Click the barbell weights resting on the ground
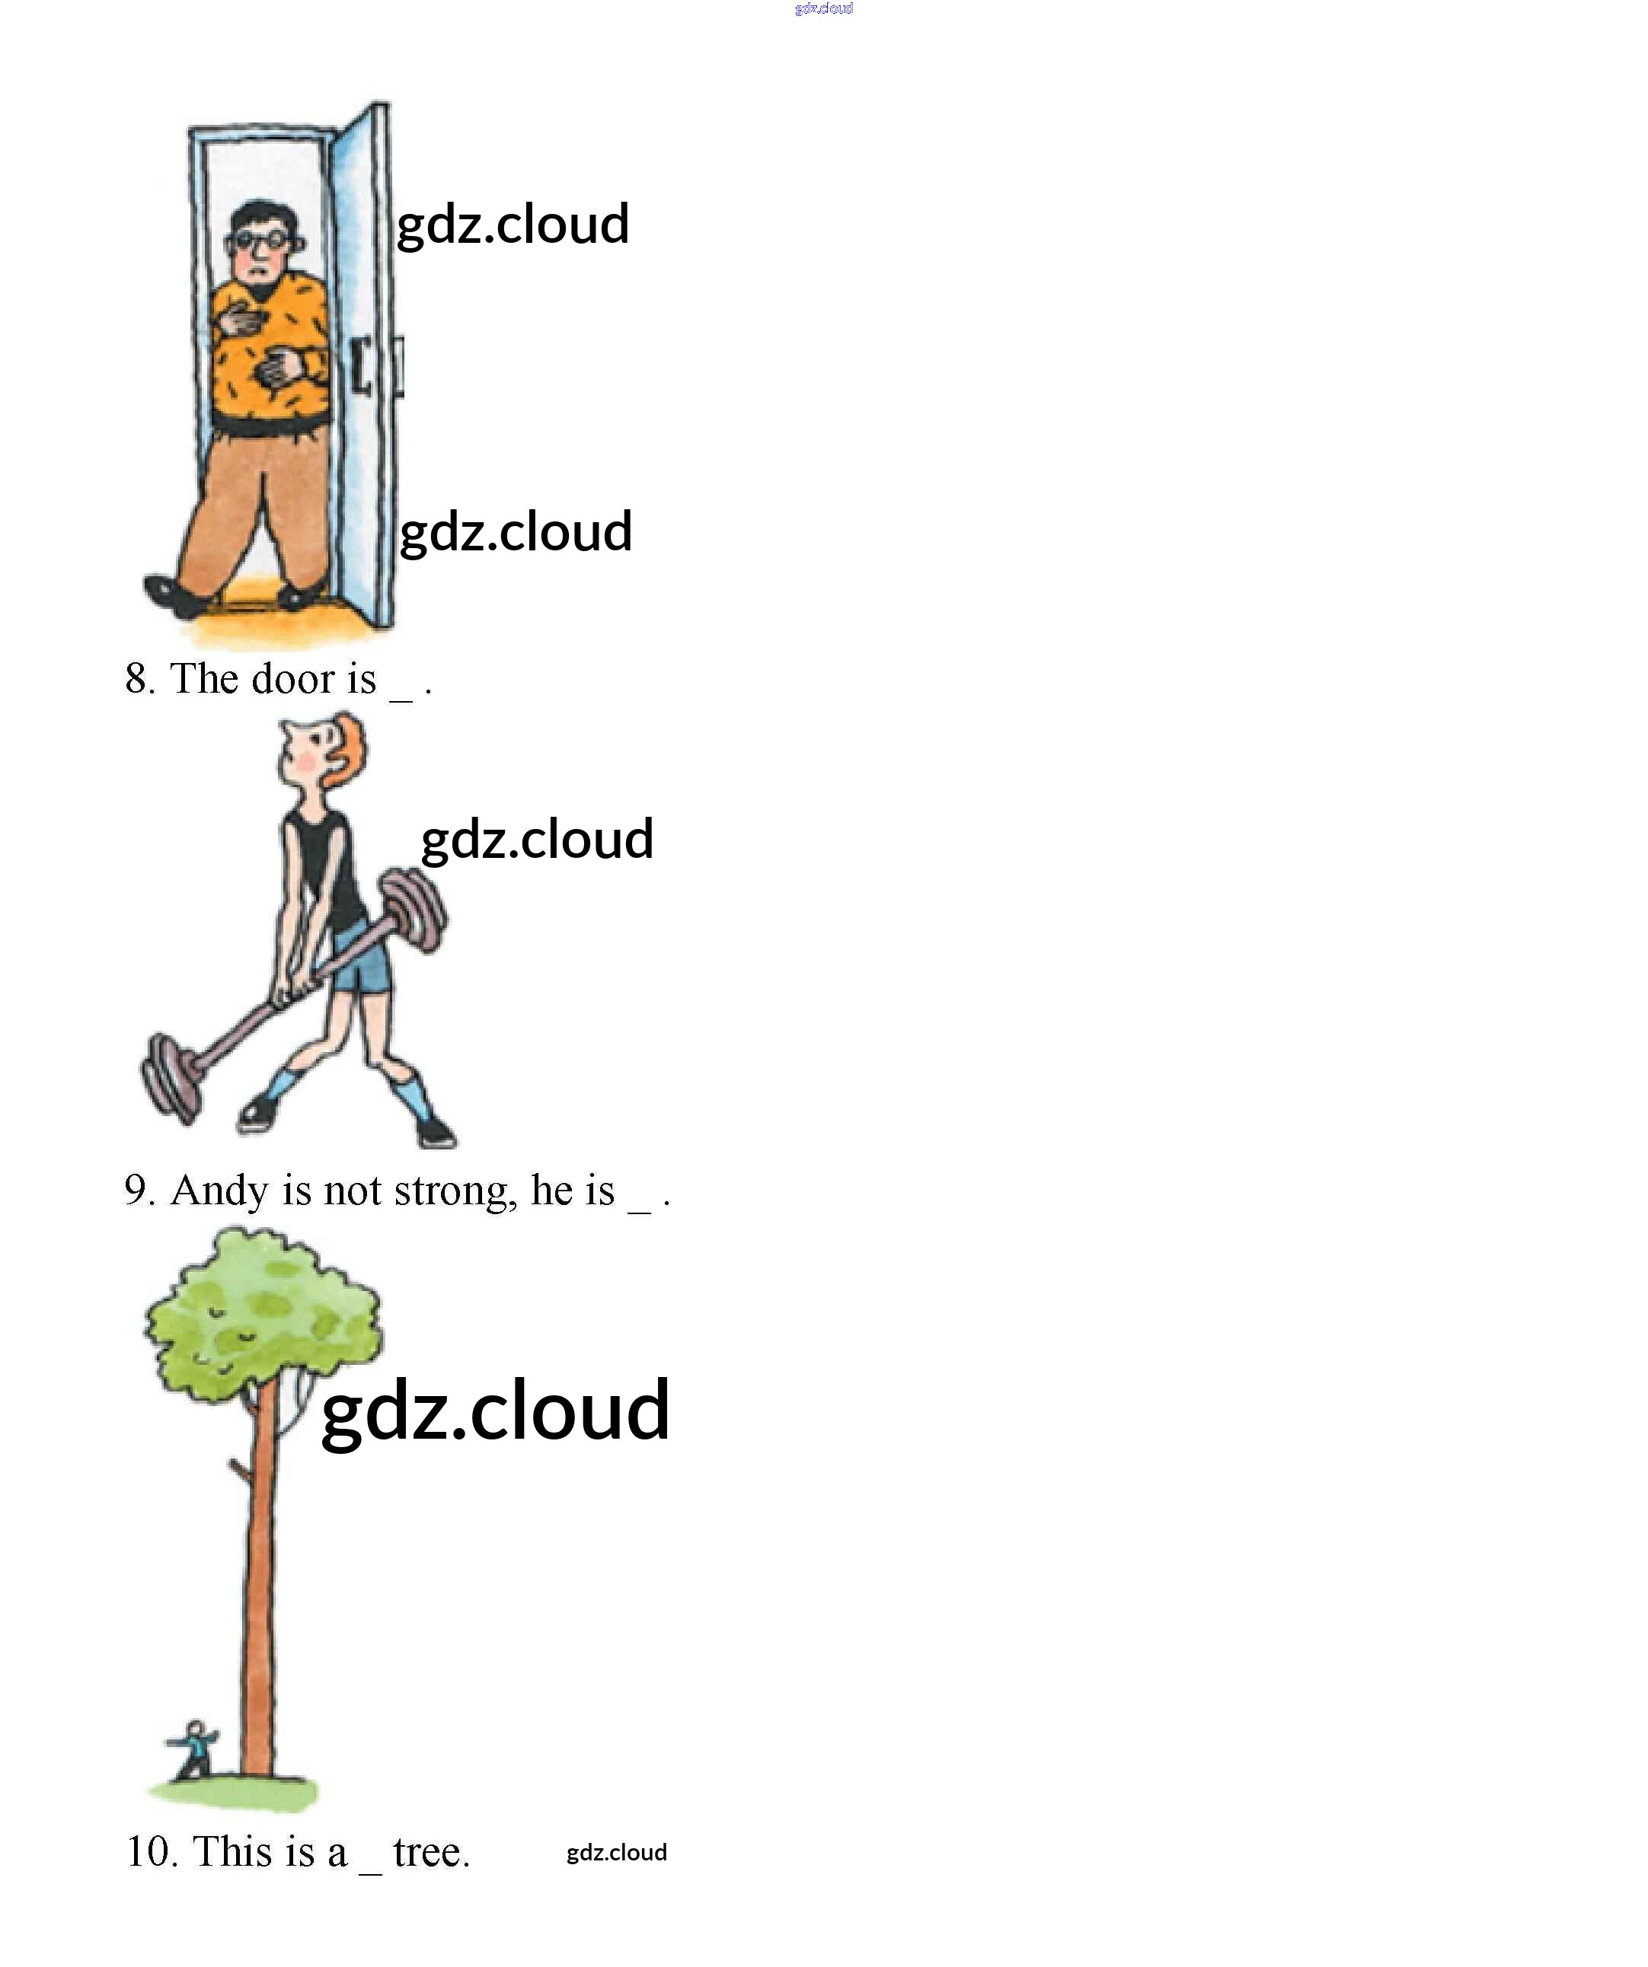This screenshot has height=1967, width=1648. click(x=171, y=1077)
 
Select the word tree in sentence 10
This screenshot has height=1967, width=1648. click(x=430, y=1853)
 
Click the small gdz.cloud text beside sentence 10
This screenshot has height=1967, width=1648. click(x=617, y=1853)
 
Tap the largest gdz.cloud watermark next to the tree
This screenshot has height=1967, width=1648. click(x=495, y=1411)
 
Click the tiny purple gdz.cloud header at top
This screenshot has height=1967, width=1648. click(x=823, y=8)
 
